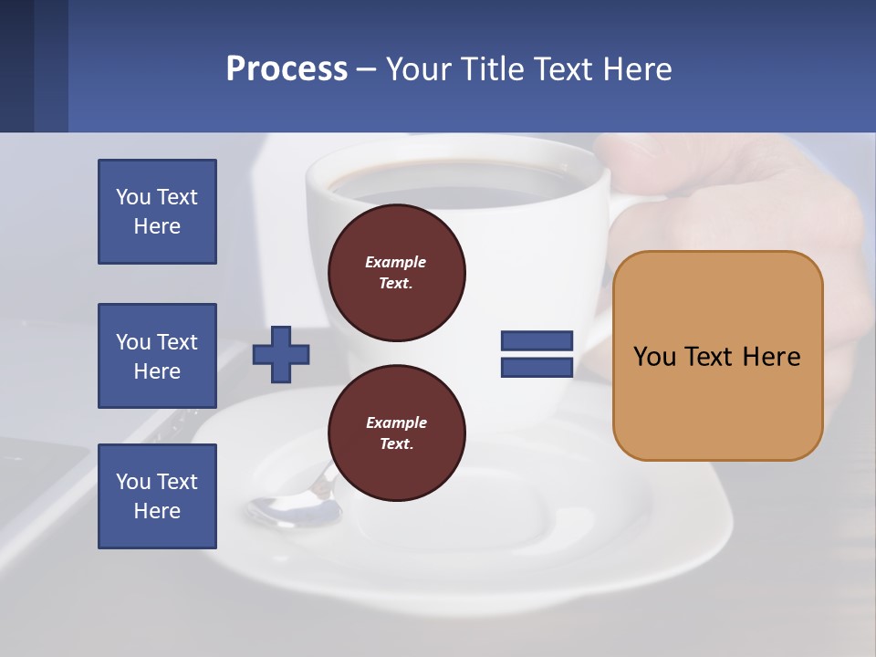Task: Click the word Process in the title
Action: click(x=287, y=69)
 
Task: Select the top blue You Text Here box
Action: click(x=157, y=212)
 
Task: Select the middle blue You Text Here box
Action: click(x=157, y=356)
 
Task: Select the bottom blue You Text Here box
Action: click(x=157, y=496)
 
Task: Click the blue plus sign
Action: click(x=281, y=354)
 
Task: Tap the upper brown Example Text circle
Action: click(x=397, y=273)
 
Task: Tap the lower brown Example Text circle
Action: click(x=397, y=433)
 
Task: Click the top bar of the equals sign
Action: click(x=537, y=341)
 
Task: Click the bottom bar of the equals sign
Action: click(x=537, y=367)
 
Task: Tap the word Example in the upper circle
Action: click(x=396, y=262)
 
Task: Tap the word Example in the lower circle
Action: click(x=396, y=422)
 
